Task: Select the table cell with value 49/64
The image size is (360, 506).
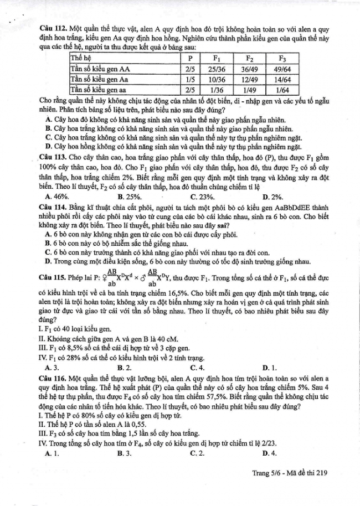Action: click(x=282, y=69)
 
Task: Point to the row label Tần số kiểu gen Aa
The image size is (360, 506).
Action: click(x=100, y=79)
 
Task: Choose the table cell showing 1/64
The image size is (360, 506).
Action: click(x=282, y=90)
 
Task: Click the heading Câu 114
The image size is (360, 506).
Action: click(x=53, y=206)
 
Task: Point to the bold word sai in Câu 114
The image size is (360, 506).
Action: click(x=249, y=225)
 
